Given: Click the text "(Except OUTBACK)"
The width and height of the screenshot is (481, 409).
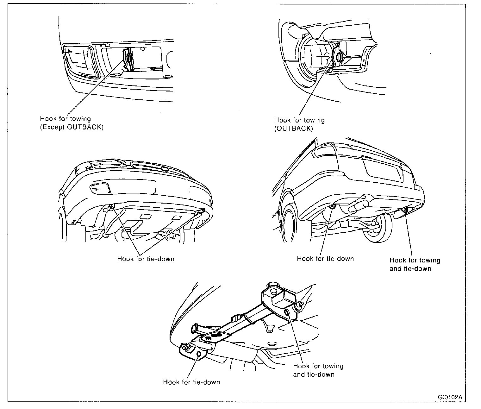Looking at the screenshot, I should (72, 127).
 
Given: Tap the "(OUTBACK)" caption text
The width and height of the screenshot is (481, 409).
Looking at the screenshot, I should (293, 129).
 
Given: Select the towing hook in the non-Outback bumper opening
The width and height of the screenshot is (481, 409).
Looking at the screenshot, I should (128, 57).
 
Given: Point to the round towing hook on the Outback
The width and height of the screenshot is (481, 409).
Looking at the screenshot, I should (339, 57).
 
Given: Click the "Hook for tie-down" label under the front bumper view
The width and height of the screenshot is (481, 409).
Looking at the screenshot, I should (146, 259).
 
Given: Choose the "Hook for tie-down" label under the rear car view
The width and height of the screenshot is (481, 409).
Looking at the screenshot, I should (325, 259).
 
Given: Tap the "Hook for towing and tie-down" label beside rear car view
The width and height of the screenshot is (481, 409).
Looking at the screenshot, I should (415, 264).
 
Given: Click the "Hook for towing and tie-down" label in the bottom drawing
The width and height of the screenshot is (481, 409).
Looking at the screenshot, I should (318, 370).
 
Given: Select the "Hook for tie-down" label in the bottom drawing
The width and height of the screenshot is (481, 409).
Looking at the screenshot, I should (191, 382).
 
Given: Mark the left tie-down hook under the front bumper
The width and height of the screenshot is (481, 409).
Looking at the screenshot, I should (112, 207).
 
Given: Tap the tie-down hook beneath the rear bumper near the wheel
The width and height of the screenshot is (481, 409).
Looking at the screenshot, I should (332, 207).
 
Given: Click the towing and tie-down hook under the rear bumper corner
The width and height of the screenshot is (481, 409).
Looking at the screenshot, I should (404, 209).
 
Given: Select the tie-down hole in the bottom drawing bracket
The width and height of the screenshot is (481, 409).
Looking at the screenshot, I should (199, 354).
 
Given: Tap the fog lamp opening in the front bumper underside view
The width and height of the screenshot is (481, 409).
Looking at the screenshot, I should (100, 189).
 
